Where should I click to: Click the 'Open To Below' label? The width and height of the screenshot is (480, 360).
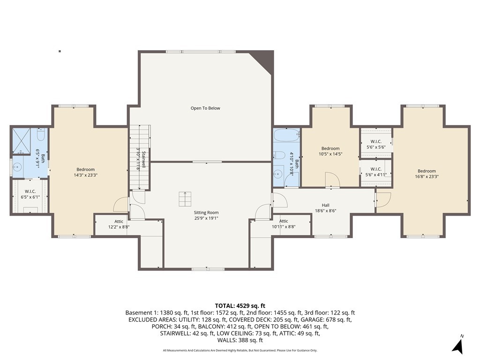[x=205, y=108]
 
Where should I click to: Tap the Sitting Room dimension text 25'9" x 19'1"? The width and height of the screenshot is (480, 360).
[x=206, y=218]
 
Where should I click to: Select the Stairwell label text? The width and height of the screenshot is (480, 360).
[x=143, y=159]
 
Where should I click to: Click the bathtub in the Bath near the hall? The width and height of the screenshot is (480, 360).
[x=286, y=135]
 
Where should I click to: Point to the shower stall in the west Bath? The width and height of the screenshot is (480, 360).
[x=21, y=141]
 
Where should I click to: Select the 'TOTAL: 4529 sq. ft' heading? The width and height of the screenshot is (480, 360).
[x=240, y=306]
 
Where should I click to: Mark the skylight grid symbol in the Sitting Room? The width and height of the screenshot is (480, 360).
[x=185, y=199]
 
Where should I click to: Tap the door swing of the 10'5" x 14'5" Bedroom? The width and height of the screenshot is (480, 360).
[x=332, y=180]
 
